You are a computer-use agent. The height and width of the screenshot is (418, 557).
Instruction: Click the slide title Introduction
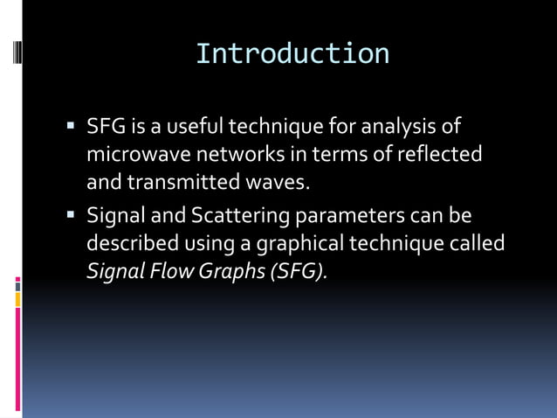pyautogui.click(x=292, y=53)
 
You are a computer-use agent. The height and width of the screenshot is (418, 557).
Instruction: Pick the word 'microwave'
pyautogui.click(x=129, y=155)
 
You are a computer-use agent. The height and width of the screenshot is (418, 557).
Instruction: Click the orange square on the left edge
pyautogui.click(x=17, y=300)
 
